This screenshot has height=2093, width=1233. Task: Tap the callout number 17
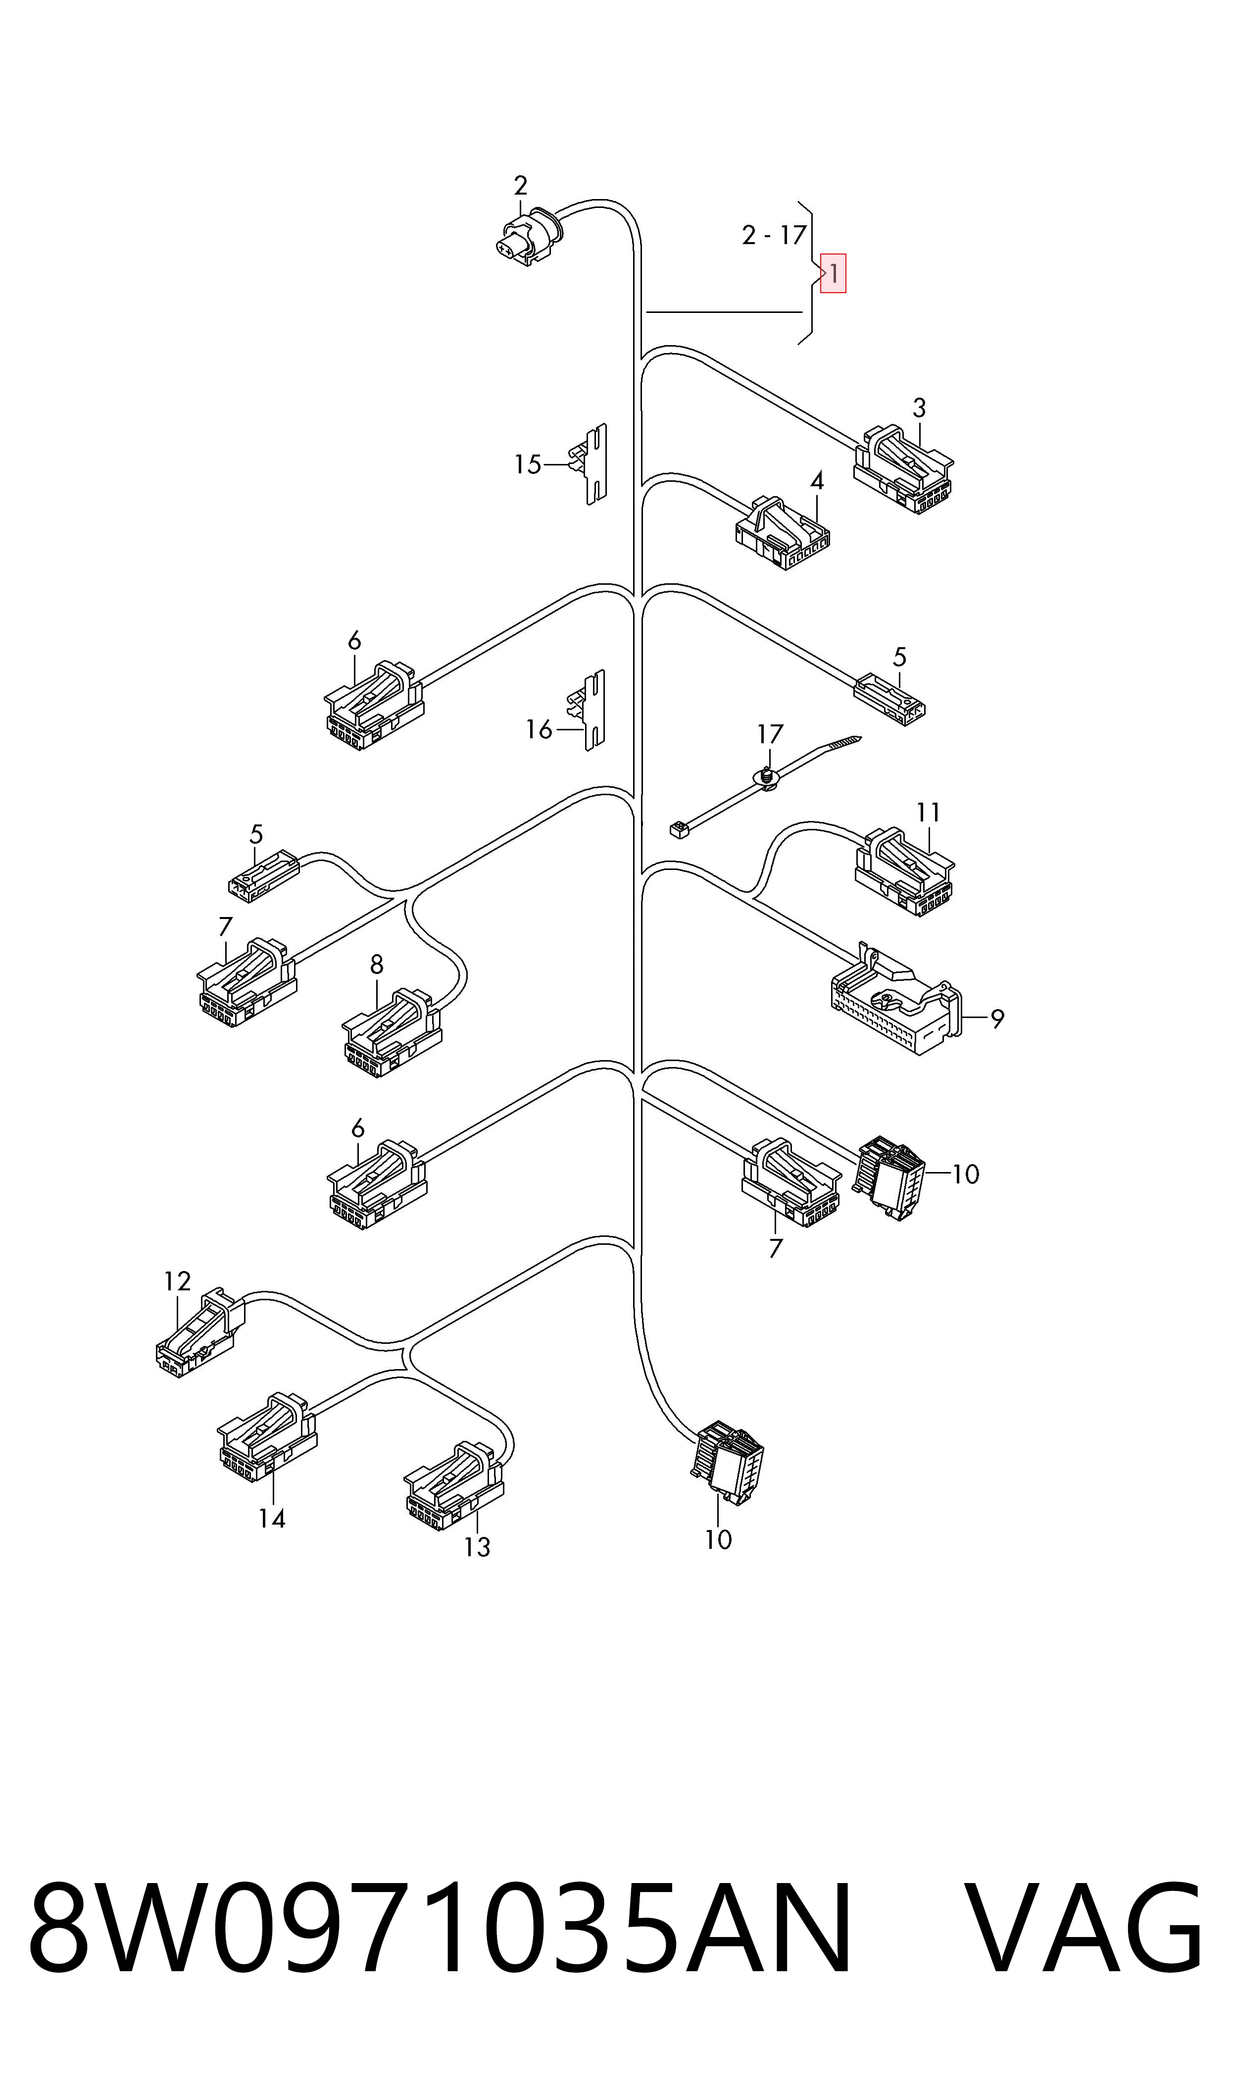pyautogui.click(x=770, y=734)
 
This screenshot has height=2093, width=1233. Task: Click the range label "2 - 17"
pyautogui.click(x=774, y=235)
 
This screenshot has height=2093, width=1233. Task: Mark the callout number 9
pyautogui.click(x=997, y=1018)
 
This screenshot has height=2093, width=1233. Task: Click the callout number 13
pyautogui.click(x=477, y=1547)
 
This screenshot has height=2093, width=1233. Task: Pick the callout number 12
pyautogui.click(x=177, y=1281)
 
